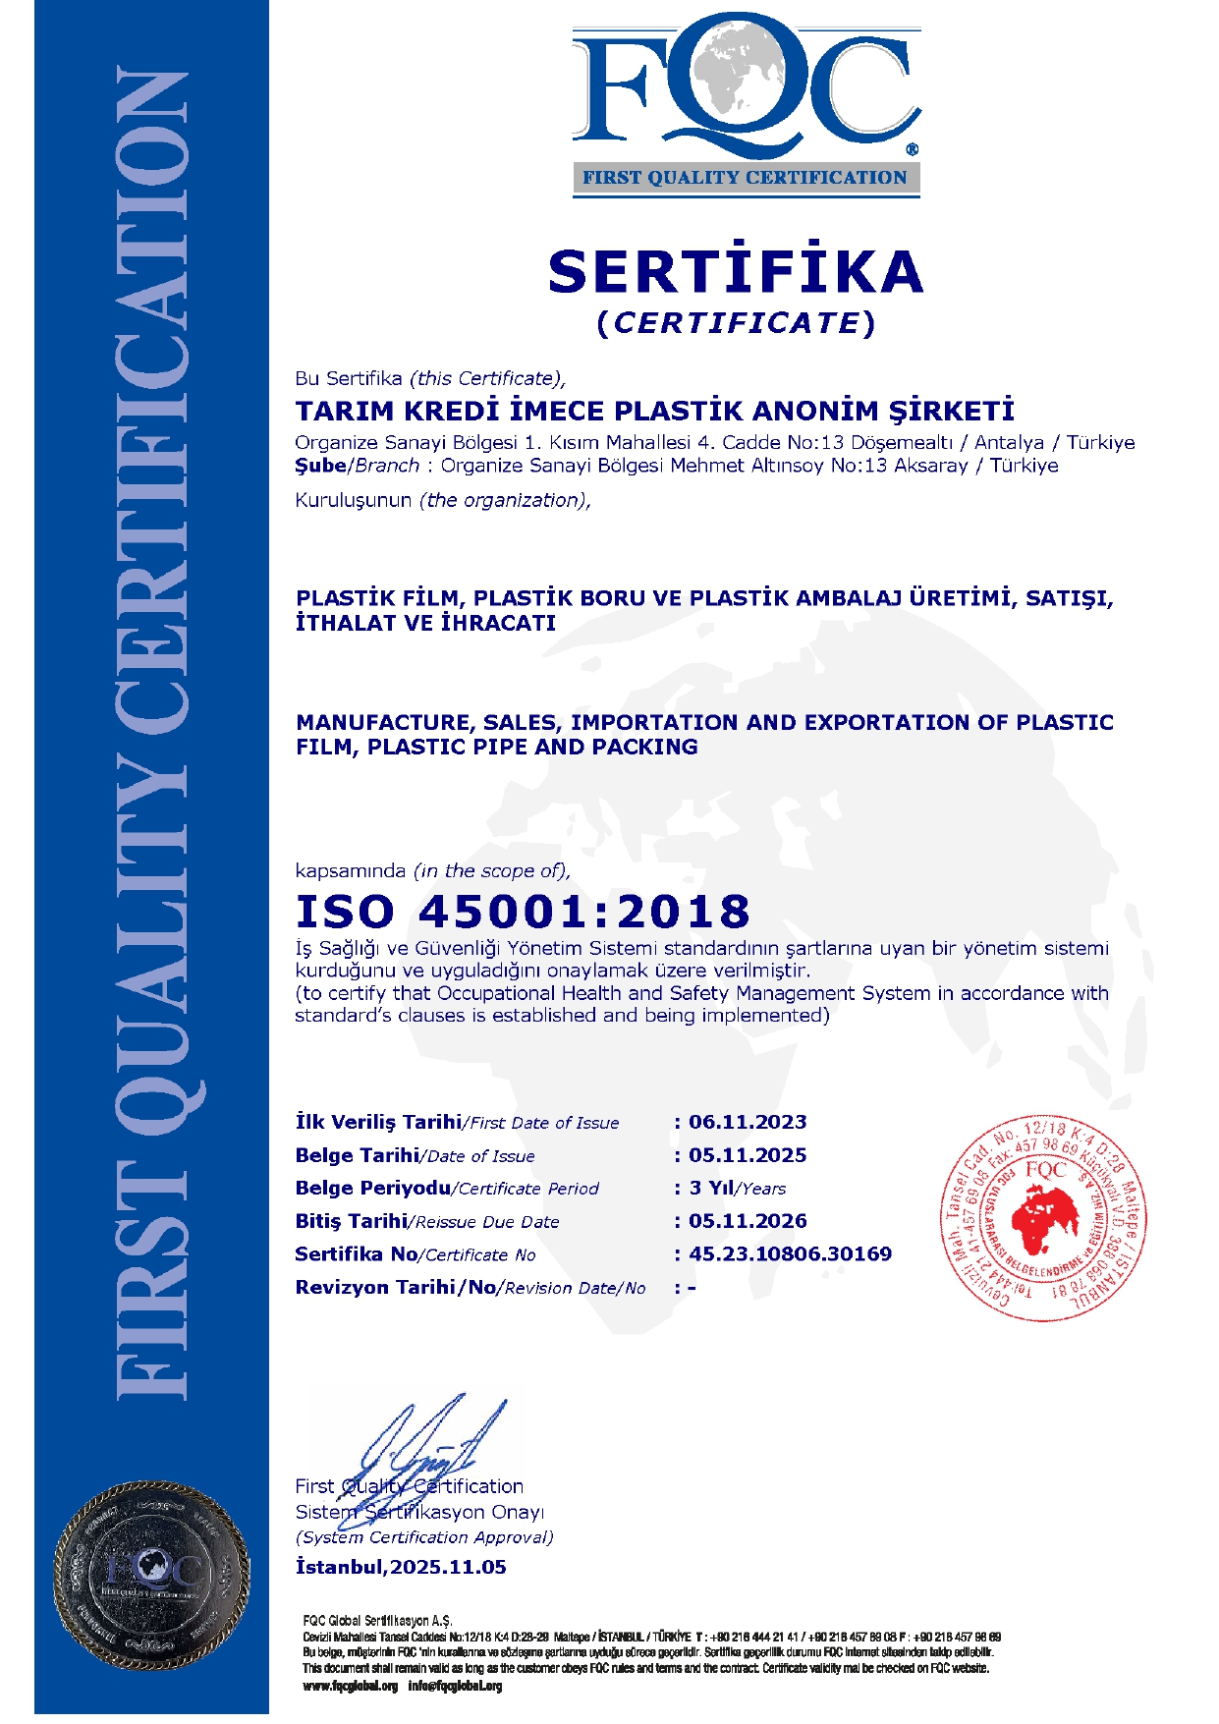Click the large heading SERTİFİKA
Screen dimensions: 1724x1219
point(736,272)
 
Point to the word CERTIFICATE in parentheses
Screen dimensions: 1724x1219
point(736,323)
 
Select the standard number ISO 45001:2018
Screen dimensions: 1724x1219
point(523,912)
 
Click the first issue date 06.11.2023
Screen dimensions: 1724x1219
point(748,1123)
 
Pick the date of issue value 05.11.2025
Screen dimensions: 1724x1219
point(748,1156)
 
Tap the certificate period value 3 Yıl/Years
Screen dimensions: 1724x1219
point(737,1189)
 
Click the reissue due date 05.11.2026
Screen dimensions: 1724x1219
point(748,1222)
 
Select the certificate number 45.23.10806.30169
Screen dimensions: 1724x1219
point(790,1254)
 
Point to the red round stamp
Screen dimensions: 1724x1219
point(1043,1218)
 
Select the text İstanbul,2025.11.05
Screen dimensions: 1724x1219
point(401,1568)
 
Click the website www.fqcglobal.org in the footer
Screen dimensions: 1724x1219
point(351,1687)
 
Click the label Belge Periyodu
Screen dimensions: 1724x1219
point(372,1189)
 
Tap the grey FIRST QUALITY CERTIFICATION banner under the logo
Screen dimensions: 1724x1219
point(746,178)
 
